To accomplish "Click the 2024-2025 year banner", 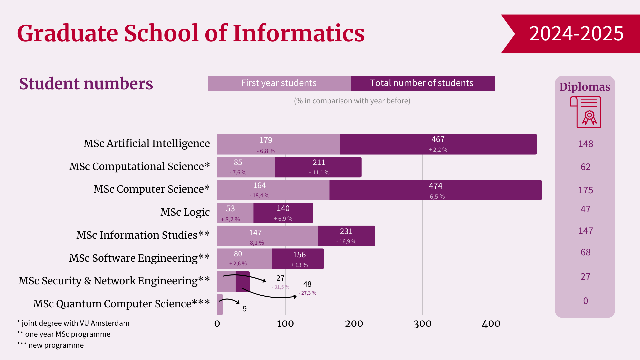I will pyautogui.click(x=576, y=34).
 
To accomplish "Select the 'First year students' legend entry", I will pyautogui.click(x=279, y=83).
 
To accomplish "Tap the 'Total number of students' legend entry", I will pyautogui.click(x=422, y=83).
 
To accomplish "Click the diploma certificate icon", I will pyautogui.click(x=586, y=112).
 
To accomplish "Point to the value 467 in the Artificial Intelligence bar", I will pyautogui.click(x=438, y=139).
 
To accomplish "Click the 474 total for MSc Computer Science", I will pyautogui.click(x=435, y=186).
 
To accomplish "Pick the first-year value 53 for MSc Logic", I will pyautogui.click(x=230, y=209).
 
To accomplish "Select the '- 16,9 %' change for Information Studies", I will pyautogui.click(x=346, y=241).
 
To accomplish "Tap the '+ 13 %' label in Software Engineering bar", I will pyautogui.click(x=299, y=265).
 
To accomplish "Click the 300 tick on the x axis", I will pyautogui.click(x=422, y=324).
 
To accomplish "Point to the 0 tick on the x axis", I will pyautogui.click(x=217, y=324).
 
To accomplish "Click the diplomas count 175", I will pyautogui.click(x=585, y=190).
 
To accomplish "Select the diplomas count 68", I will pyautogui.click(x=585, y=252).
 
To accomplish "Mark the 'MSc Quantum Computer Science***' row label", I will pyautogui.click(x=121, y=304).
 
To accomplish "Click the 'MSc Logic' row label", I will pyautogui.click(x=185, y=212).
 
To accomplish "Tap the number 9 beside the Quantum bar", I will pyautogui.click(x=245, y=309).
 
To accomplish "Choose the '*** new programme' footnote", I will pyautogui.click(x=50, y=345).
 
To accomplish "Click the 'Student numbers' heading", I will pyautogui.click(x=86, y=84).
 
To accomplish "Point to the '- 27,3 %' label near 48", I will pyautogui.click(x=307, y=293).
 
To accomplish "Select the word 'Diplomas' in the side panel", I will pyautogui.click(x=585, y=87).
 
